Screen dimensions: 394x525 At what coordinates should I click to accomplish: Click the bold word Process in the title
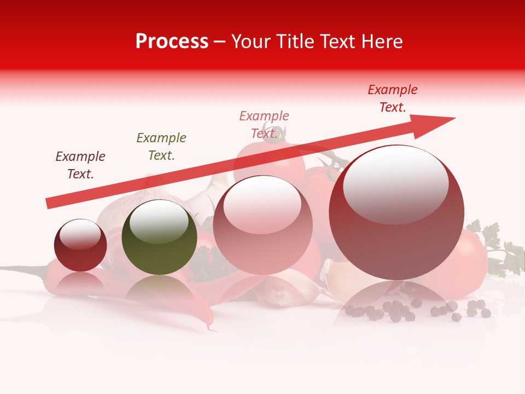172,42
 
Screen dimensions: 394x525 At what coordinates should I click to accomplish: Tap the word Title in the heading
294,42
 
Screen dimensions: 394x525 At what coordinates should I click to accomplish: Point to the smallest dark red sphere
80,246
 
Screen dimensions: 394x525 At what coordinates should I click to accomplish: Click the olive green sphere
159,237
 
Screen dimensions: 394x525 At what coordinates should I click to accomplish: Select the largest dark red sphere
396,213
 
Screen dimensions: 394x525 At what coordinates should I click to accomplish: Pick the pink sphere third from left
262,225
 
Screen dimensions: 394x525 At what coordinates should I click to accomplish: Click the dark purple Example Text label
80,165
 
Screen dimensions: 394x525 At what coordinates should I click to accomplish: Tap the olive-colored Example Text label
161,146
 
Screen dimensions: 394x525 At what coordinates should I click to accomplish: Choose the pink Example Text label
264,124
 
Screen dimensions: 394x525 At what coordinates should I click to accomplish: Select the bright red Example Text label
393,98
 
